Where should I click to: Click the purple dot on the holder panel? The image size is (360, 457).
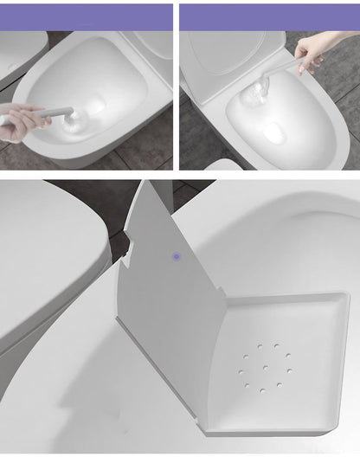(x=177, y=256)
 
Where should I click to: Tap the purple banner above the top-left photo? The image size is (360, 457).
(x=87, y=16)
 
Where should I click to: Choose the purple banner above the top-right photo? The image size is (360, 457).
(x=269, y=16)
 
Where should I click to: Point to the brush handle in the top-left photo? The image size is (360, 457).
(x=55, y=113)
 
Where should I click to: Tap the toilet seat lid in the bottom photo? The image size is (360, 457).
(x=48, y=251)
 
